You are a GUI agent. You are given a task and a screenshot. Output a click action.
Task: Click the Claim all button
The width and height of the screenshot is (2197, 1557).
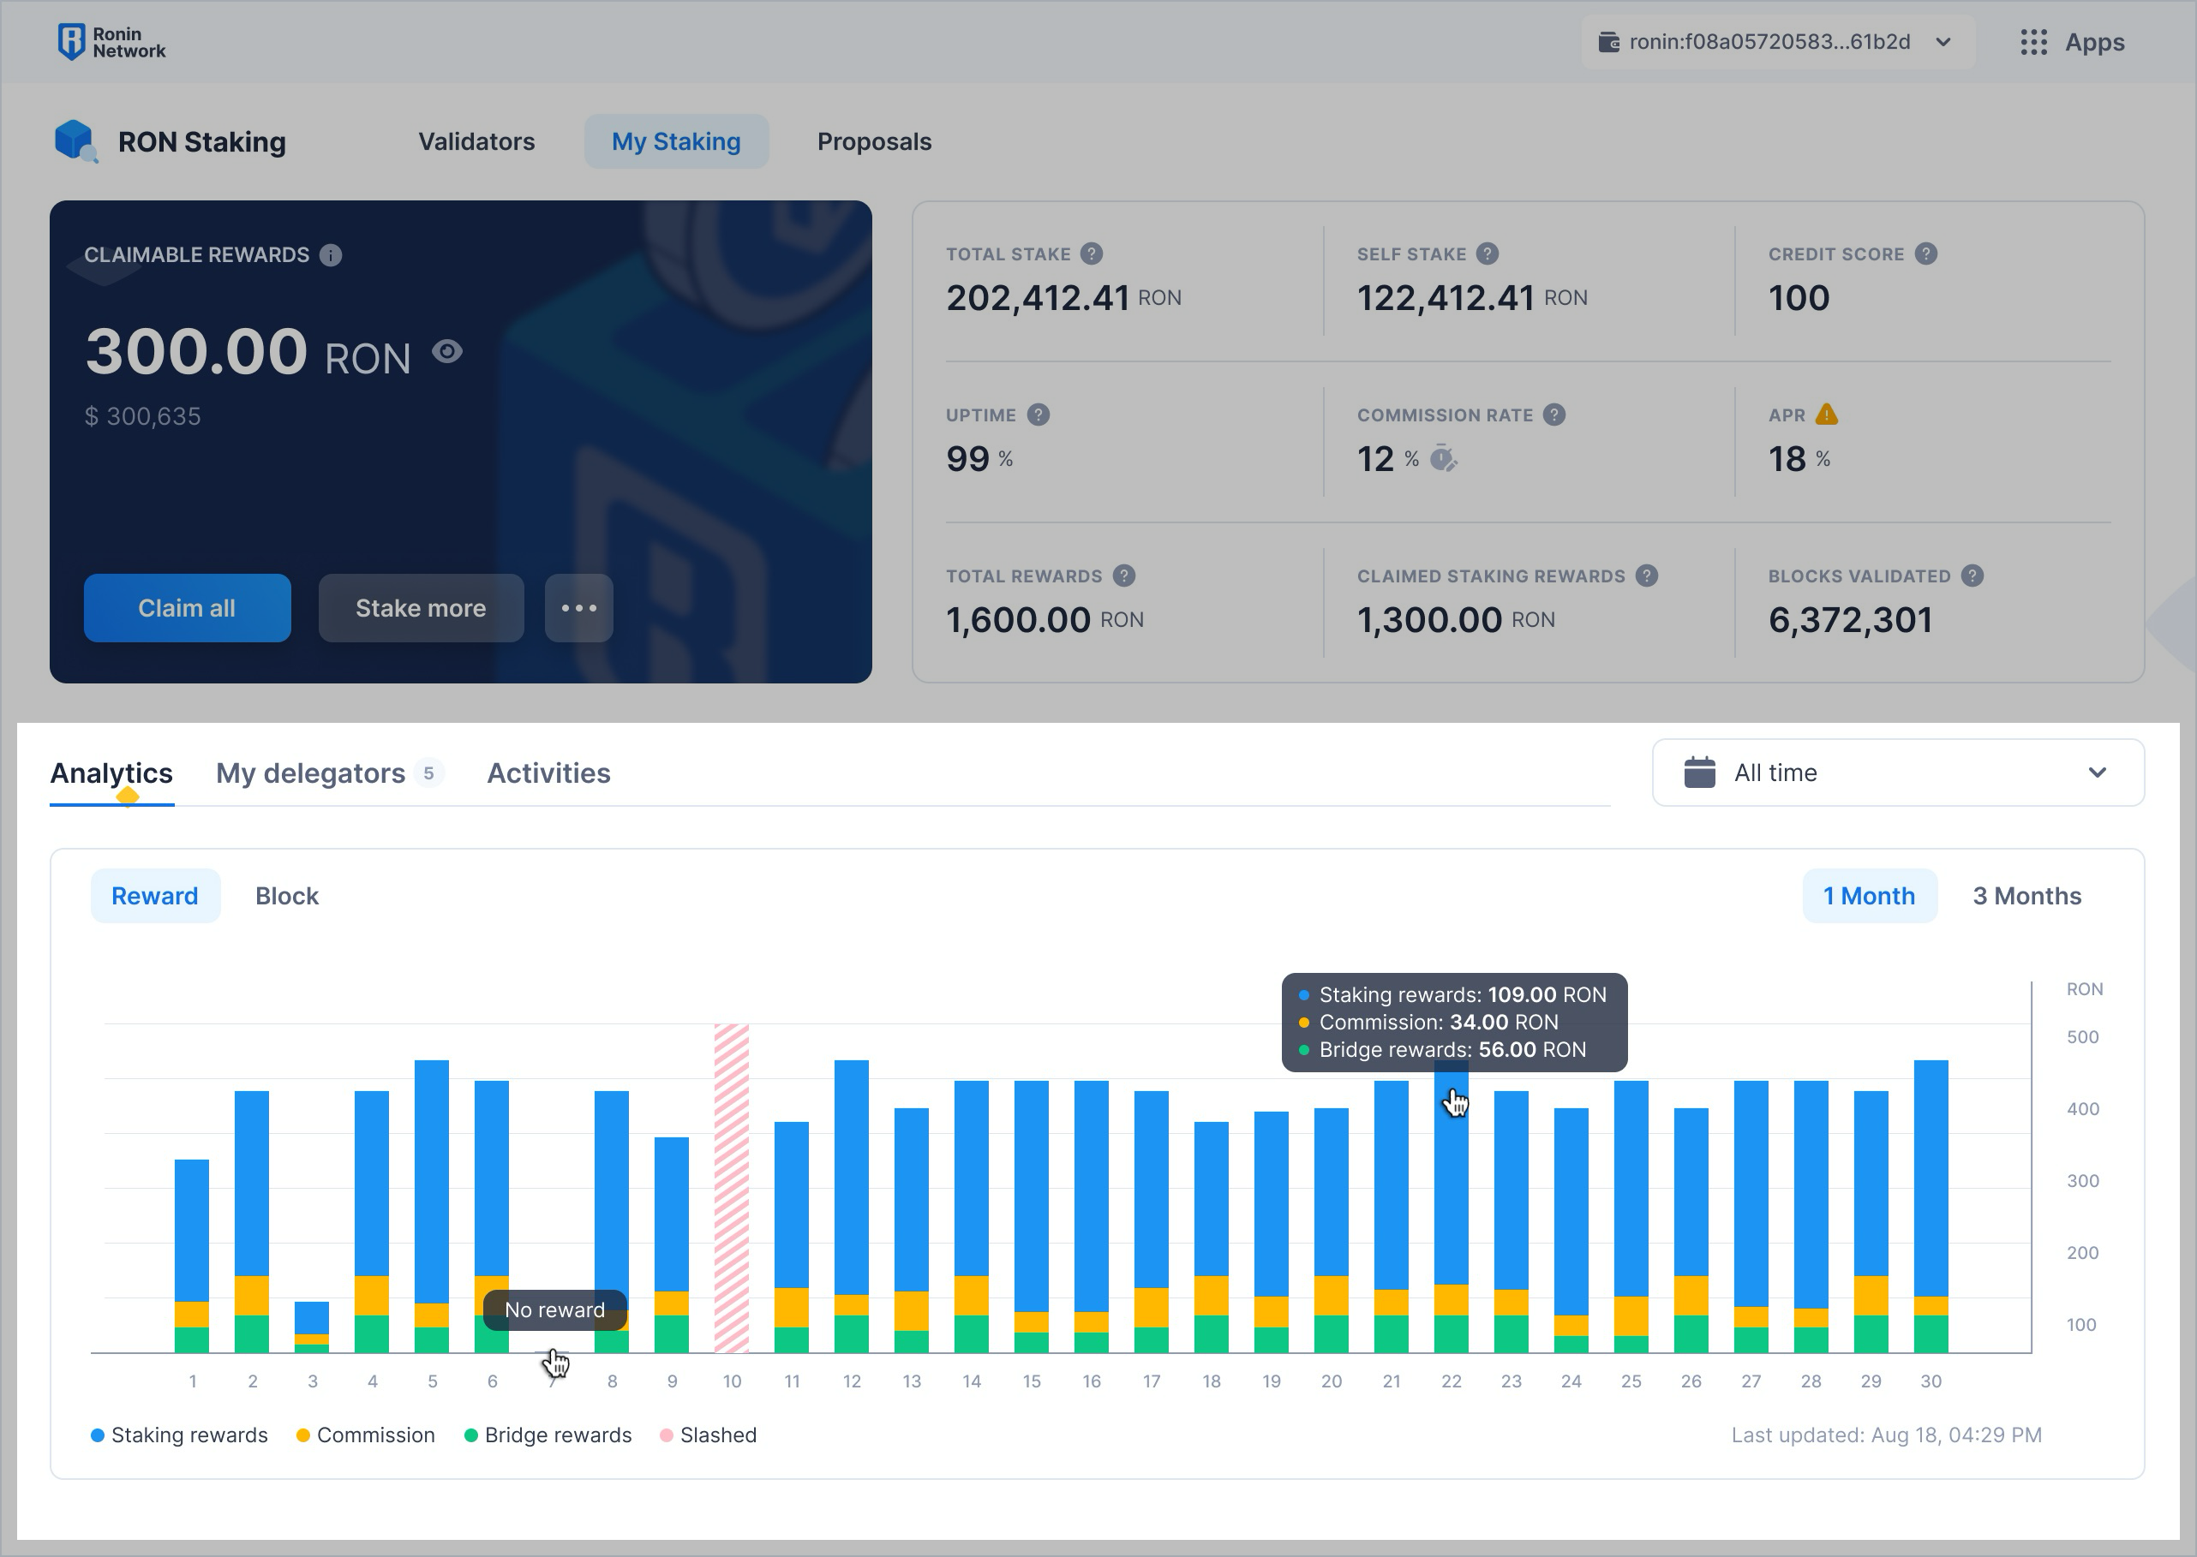click(187, 608)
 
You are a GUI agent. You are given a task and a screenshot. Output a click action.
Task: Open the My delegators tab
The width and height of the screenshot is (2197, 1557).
click(311, 773)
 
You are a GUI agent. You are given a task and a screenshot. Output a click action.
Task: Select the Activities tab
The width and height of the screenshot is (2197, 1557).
click(548, 773)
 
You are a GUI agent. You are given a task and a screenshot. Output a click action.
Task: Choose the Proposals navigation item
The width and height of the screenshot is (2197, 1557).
click(874, 142)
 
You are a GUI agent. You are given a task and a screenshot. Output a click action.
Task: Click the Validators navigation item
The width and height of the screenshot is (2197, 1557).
click(476, 142)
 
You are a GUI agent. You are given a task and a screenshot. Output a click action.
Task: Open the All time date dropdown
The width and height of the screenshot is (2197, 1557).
click(1897, 773)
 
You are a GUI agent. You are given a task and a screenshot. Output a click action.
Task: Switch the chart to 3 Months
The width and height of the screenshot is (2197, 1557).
click(2026, 896)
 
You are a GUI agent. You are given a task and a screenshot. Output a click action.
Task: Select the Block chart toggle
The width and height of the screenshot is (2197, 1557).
click(287, 896)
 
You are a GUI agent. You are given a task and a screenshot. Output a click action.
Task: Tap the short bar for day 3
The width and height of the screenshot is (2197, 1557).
click(312, 1326)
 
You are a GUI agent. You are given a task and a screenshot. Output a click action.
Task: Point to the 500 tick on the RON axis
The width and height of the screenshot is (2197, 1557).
click(2082, 1037)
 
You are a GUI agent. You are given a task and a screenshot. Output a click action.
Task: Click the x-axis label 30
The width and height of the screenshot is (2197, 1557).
click(1931, 1381)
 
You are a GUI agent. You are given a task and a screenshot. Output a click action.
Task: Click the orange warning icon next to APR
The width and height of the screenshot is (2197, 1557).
click(1827, 415)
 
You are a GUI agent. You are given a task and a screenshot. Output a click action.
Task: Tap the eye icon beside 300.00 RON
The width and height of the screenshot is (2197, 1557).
click(447, 352)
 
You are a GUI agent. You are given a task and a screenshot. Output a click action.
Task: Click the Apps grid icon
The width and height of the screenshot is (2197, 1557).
click(2033, 42)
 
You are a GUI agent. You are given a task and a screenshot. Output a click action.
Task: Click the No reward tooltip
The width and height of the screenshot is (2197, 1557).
click(554, 1309)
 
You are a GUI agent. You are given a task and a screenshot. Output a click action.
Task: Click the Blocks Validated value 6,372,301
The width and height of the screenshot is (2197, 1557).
click(1850, 620)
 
